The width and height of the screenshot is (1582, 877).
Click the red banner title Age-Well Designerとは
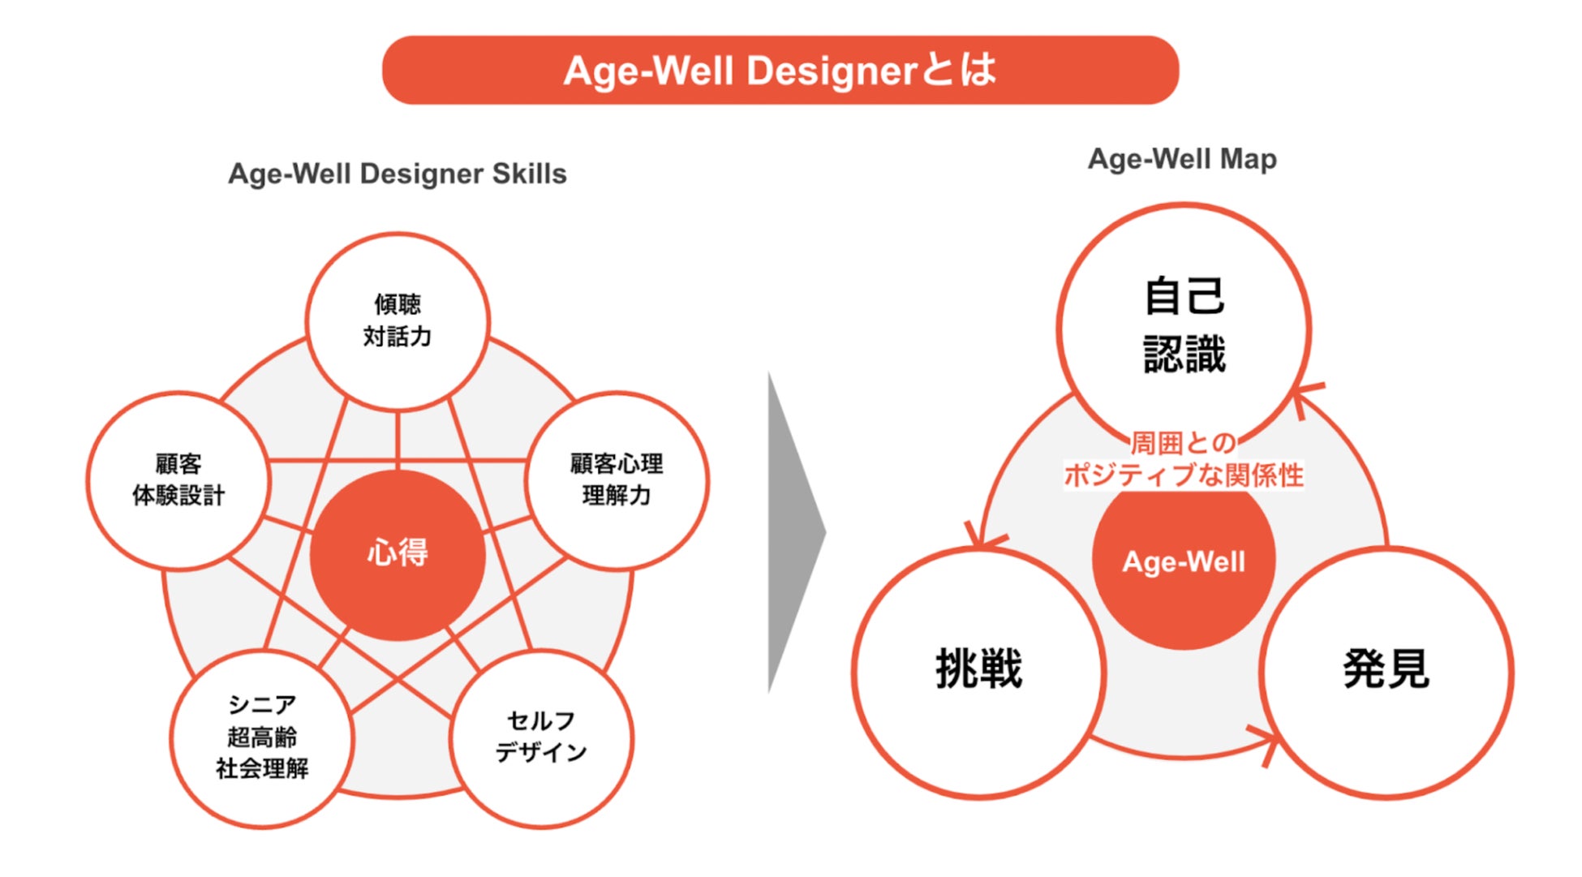(780, 71)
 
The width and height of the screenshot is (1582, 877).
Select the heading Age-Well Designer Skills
(397, 174)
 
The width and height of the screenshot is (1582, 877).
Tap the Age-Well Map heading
(1182, 159)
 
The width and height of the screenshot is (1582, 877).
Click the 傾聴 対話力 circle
(397, 320)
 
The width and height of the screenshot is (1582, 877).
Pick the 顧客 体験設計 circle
(178, 479)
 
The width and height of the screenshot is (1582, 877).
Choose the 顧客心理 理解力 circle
(617, 479)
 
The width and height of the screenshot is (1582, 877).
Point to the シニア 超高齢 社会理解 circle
(262, 737)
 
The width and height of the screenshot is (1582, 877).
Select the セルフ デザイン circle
(541, 737)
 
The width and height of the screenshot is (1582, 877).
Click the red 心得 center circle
(398, 553)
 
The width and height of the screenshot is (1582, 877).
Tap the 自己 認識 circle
(1184, 325)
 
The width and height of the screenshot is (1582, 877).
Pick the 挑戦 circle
(979, 670)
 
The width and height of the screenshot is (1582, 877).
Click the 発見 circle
(1386, 670)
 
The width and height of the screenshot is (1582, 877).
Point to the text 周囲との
(1184, 443)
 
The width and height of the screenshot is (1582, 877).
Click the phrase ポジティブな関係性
(1184, 475)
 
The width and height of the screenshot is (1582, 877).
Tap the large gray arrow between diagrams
(794, 533)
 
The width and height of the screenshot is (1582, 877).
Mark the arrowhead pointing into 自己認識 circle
(1303, 397)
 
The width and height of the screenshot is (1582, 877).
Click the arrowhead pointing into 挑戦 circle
(982, 538)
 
